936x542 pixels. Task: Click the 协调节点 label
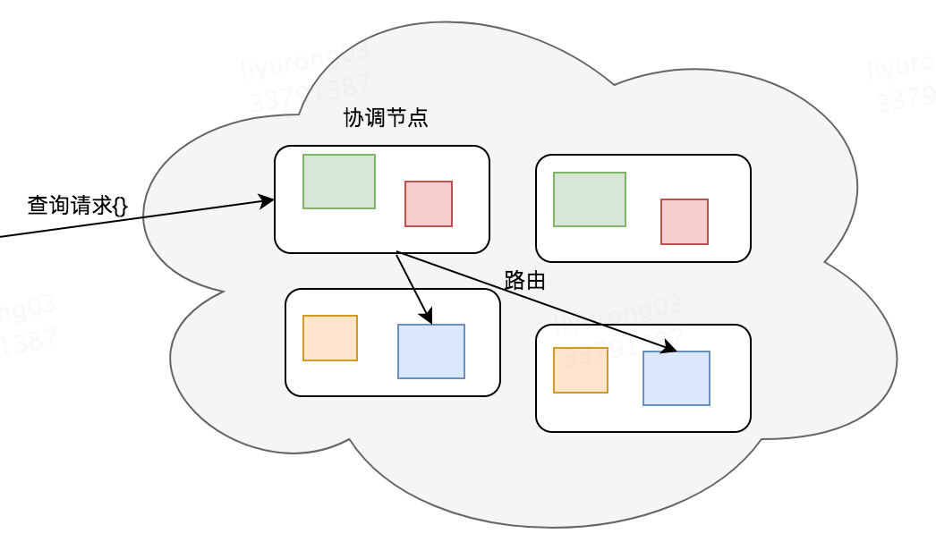386,118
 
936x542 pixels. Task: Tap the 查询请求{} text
78,206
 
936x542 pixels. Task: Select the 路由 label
524,280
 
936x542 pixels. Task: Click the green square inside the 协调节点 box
338,182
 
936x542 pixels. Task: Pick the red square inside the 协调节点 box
428,204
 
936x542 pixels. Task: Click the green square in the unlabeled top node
589,199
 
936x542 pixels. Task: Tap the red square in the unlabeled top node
684,222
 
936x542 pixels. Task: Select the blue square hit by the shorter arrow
430,351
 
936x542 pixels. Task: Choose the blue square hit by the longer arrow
676,378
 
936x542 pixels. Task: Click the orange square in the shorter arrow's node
329,338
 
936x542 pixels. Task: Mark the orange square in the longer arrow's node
580,370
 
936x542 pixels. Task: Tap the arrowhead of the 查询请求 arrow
268,201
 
